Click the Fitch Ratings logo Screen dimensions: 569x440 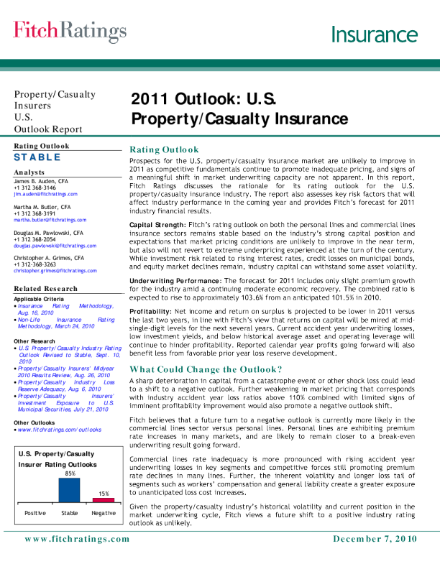tap(65, 30)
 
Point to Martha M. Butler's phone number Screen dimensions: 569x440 tap(37, 213)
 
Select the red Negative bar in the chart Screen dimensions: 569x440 tap(104, 499)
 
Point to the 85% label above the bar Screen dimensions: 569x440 tap(70, 473)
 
